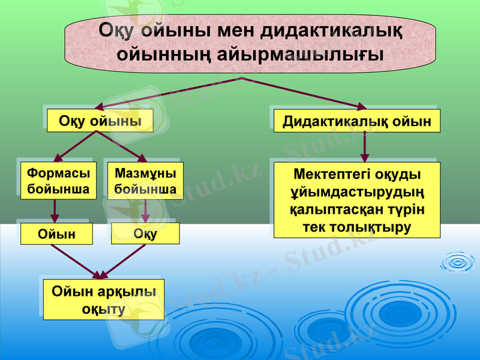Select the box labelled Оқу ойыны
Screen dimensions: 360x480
point(100,121)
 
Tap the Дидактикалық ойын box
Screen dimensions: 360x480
point(357,121)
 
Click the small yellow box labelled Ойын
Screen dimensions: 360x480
point(57,234)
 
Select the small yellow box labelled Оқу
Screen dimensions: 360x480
point(145,234)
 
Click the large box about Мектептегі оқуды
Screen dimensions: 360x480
point(357,200)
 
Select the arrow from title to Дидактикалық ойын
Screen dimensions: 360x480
point(306,93)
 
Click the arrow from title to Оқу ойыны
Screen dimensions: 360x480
point(168,93)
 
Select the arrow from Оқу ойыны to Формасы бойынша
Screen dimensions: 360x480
point(74,146)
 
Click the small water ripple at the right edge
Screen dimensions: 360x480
point(459,262)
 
